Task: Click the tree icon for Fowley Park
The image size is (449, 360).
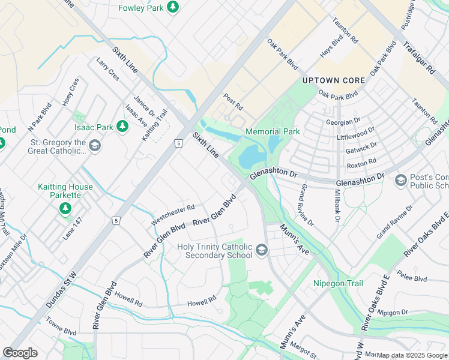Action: click(173, 7)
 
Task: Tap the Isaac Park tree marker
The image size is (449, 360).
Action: click(122, 127)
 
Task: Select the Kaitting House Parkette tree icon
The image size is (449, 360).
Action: click(65, 208)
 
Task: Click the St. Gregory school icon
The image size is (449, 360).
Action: click(94, 146)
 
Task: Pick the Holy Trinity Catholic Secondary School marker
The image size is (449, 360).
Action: click(261, 249)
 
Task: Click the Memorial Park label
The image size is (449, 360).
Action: click(272, 131)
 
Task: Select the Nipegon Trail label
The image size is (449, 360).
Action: click(338, 283)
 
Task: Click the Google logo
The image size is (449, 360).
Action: click(20, 353)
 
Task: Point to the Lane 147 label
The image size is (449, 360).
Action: click(73, 229)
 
